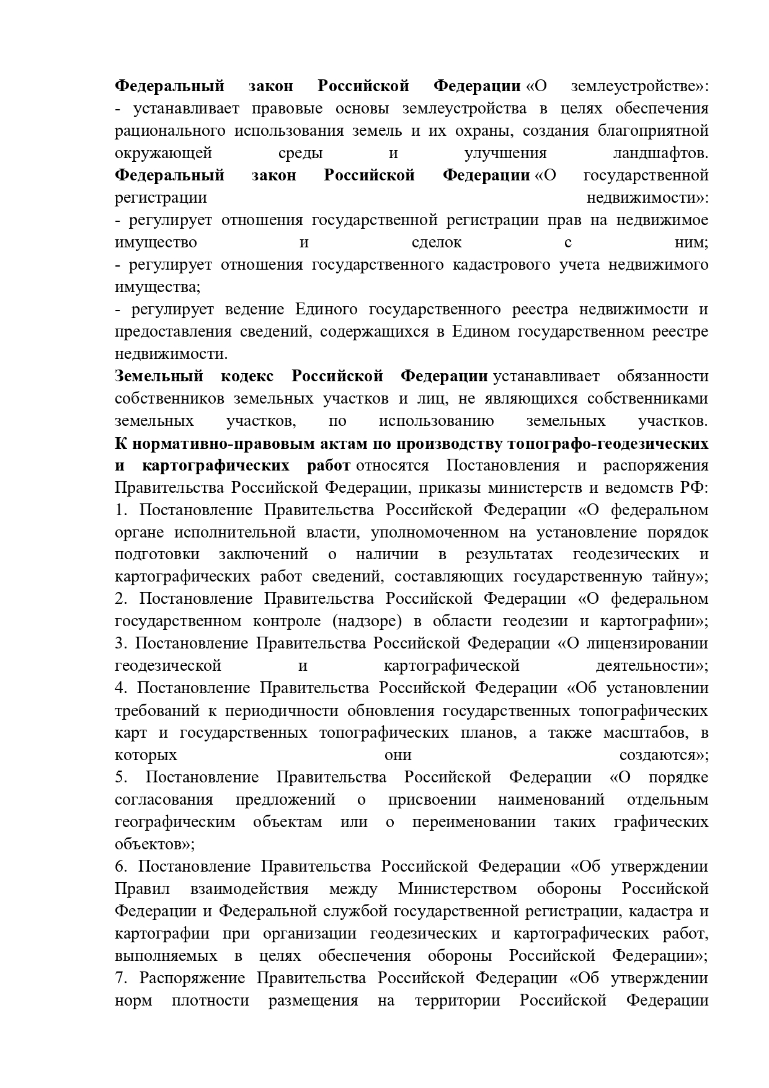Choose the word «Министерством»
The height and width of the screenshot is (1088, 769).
click(458, 890)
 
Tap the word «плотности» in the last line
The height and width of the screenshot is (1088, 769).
click(211, 1001)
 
